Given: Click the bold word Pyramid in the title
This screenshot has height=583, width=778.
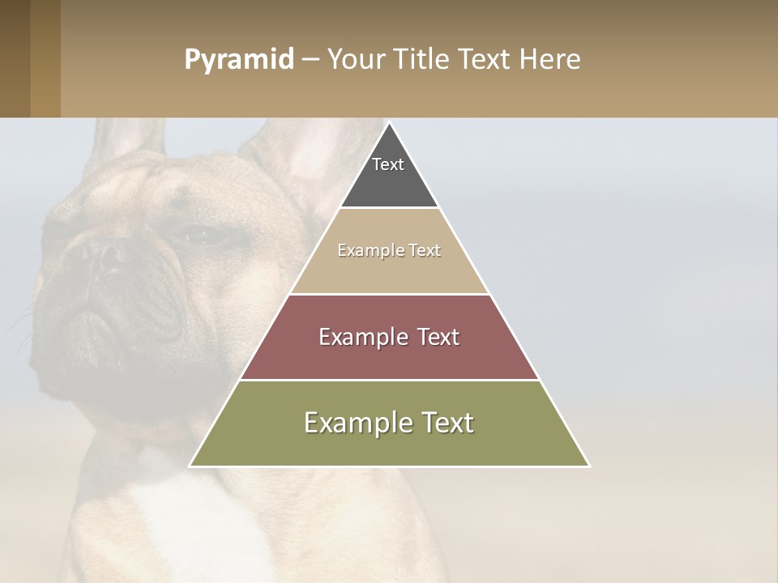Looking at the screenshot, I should click(x=238, y=60).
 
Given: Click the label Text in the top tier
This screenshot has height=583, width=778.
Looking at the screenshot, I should click(x=388, y=164).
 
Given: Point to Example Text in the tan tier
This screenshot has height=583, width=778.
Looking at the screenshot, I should click(x=389, y=250).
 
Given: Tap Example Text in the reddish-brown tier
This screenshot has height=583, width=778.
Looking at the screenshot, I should click(x=389, y=337).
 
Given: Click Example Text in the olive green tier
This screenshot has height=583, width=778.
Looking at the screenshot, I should click(x=389, y=423).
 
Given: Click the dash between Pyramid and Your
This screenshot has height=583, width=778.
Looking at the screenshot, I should click(x=310, y=60).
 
